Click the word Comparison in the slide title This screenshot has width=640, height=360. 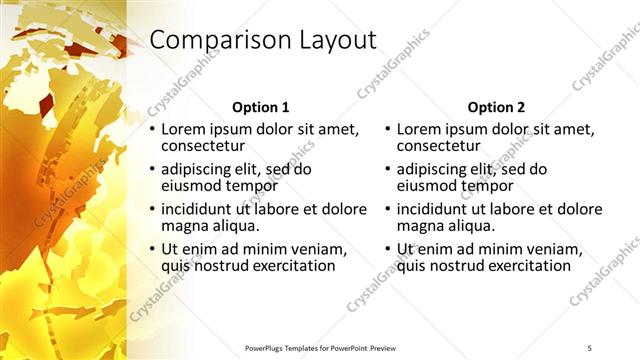(212, 41)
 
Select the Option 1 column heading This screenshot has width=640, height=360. (260, 107)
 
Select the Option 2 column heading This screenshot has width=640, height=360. (496, 107)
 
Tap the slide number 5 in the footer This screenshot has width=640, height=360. (589, 347)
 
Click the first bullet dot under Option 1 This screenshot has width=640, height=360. (152, 129)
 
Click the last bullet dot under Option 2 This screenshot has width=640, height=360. (388, 249)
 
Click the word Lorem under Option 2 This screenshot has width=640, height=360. (421, 129)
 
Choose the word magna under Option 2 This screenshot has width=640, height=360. (421, 226)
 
